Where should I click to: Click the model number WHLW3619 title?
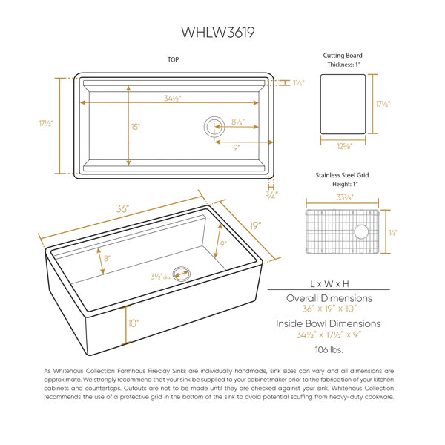(x=218, y=33)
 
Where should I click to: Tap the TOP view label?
(x=173, y=59)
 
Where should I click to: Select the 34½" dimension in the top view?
(x=173, y=98)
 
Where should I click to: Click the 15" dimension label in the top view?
(x=136, y=127)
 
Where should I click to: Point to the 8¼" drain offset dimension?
(x=238, y=122)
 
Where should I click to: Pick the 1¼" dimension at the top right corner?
(x=299, y=83)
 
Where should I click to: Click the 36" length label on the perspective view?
(x=122, y=208)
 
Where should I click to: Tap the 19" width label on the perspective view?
(x=255, y=226)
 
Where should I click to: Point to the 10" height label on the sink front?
(x=133, y=323)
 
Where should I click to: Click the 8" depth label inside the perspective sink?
(x=107, y=258)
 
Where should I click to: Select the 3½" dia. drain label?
(x=161, y=277)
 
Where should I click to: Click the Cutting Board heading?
(x=343, y=56)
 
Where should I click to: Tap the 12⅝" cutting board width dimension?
(x=345, y=146)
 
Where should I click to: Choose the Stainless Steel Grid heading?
(x=342, y=175)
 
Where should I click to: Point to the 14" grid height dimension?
(x=393, y=233)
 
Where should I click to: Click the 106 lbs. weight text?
(x=329, y=349)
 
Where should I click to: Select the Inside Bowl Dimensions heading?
(x=329, y=323)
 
